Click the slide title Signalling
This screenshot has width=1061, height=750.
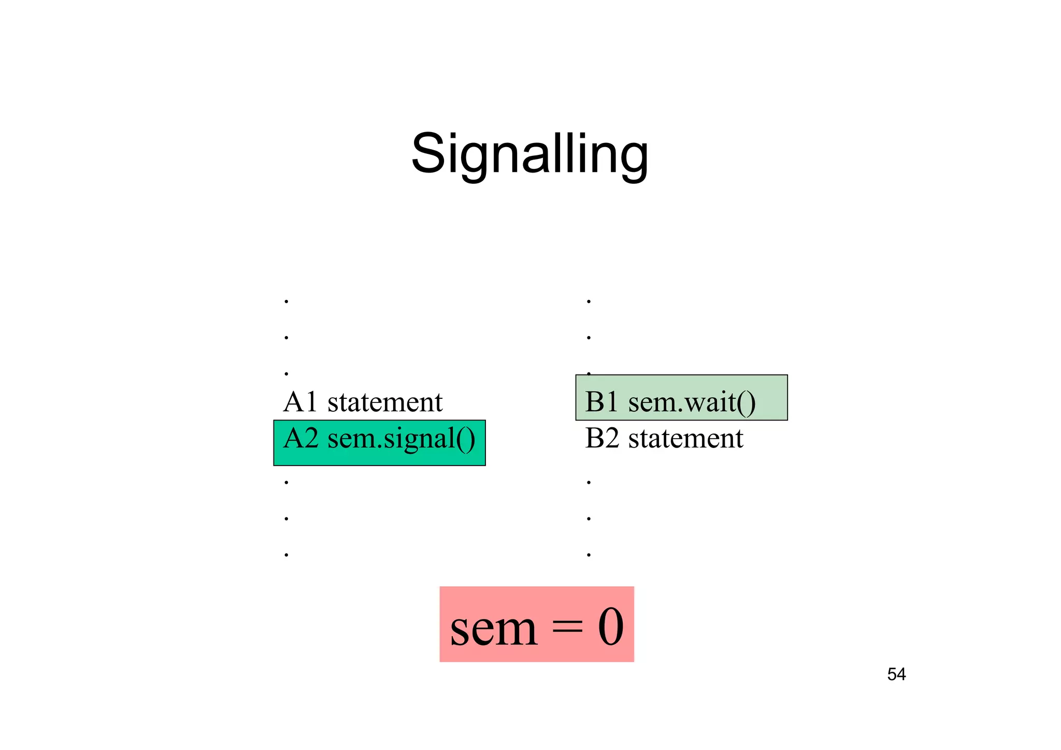pos(529,154)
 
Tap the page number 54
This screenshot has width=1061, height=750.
pos(896,674)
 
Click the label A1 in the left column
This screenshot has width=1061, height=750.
pos(300,402)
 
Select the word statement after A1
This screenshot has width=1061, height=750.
pos(384,402)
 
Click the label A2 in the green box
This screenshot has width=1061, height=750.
pos(300,439)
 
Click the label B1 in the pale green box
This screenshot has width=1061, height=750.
pos(601,402)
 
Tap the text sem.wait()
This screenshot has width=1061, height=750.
pos(692,402)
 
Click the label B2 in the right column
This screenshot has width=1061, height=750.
pos(602,439)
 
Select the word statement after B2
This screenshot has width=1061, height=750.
pos(685,439)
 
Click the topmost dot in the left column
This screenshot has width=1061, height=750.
pos(286,301)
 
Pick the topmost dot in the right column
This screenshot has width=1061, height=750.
pos(589,301)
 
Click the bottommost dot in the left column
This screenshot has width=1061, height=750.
pos(286,555)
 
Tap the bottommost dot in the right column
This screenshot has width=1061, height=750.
pos(589,555)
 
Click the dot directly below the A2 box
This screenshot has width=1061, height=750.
pos(286,483)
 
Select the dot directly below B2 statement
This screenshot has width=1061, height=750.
pos(589,483)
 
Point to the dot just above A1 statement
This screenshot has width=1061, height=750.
pos(286,373)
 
